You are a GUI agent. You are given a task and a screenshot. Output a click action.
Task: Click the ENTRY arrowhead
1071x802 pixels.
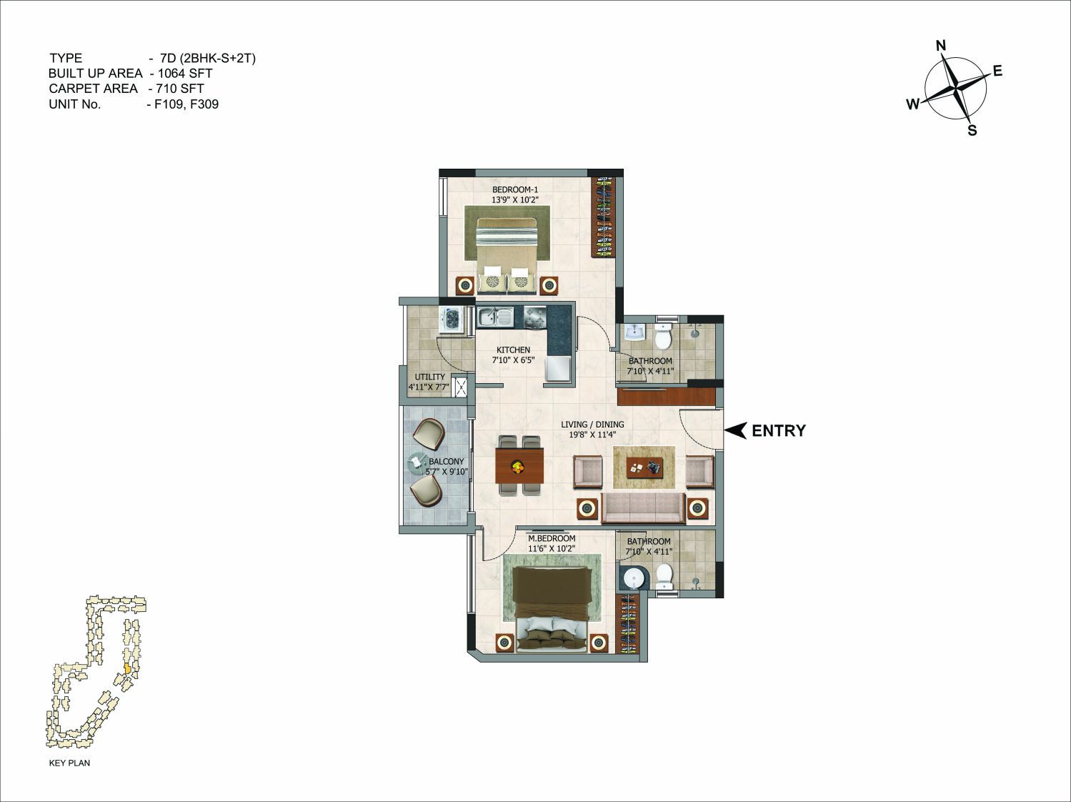tap(736, 430)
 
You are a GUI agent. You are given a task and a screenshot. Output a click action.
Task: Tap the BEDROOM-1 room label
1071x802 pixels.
tap(514, 189)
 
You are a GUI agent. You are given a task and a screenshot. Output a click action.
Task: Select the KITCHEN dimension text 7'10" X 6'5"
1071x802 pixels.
tap(513, 360)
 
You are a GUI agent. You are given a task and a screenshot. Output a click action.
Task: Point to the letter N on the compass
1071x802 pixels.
tap(941, 46)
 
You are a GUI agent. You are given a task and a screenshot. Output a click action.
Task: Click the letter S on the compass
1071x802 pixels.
tap(972, 130)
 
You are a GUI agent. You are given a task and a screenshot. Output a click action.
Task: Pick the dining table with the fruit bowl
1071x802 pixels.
tap(519, 465)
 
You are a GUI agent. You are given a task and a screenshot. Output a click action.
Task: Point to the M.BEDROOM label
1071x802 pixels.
tap(552, 538)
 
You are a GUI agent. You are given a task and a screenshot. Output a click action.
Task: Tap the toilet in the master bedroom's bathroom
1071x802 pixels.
tap(664, 575)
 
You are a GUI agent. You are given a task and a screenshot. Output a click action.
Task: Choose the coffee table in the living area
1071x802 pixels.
tap(644, 467)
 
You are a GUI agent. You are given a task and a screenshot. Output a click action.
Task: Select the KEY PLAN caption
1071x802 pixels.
tap(69, 763)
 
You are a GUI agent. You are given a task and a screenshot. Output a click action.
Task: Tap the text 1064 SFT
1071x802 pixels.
tap(186, 73)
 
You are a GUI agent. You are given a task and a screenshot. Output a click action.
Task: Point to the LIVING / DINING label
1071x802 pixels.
tap(592, 424)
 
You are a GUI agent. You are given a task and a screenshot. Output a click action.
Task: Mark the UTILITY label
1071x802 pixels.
tap(430, 377)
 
